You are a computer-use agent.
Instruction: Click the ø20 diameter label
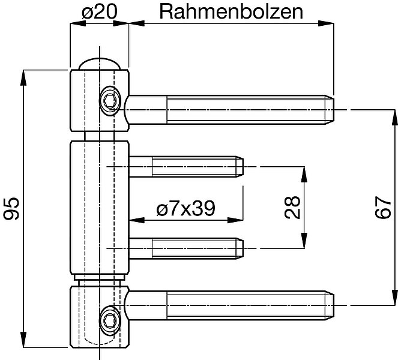(x=100, y=12)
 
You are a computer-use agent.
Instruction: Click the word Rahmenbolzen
(x=231, y=12)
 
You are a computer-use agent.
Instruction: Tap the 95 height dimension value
(x=11, y=208)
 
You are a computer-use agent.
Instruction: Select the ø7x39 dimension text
(x=186, y=208)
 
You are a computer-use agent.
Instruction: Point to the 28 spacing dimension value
(x=292, y=207)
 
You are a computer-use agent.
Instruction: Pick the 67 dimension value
(x=383, y=207)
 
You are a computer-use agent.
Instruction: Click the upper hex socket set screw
(x=110, y=101)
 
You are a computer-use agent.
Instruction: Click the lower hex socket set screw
(x=110, y=320)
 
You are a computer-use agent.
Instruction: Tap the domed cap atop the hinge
(x=99, y=64)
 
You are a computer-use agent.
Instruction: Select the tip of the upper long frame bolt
(x=334, y=110)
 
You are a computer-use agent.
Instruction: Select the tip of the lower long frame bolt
(x=334, y=305)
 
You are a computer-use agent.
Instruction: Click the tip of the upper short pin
(x=243, y=167)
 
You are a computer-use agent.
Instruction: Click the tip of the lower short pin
(x=243, y=248)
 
